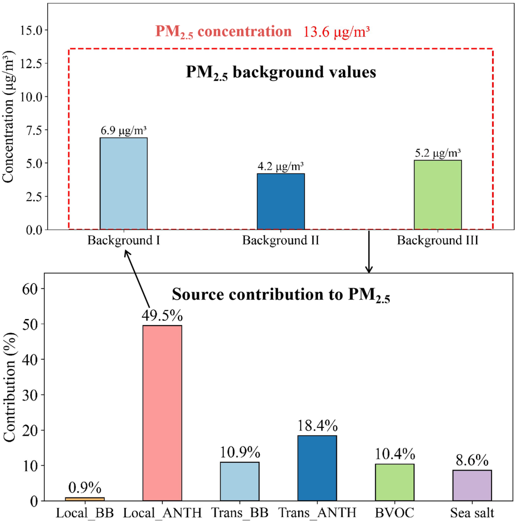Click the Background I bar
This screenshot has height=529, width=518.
[123, 183]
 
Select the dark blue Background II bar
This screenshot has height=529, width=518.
[281, 202]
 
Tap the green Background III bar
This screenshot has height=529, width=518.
[437, 195]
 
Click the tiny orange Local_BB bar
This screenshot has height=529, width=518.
[85, 499]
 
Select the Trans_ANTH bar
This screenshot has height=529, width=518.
[317, 468]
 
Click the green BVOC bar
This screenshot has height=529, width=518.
[394, 482]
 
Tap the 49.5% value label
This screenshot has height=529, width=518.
[162, 316]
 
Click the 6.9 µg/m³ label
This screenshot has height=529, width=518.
[123, 131]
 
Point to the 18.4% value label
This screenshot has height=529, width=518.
[317, 426]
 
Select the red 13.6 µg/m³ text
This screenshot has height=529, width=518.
[336, 32]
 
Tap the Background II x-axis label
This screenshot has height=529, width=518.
[281, 240]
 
